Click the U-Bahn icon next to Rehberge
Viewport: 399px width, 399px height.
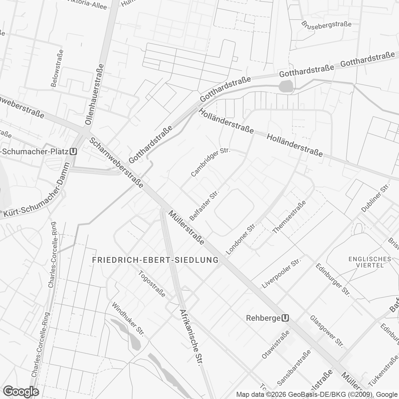[x=285, y=318]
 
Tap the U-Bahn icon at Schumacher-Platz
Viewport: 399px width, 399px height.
[x=74, y=151]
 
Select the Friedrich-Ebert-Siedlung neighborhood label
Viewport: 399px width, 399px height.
[x=156, y=260]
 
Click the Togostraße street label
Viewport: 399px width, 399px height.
[x=152, y=284]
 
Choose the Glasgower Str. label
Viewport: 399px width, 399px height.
[x=326, y=332]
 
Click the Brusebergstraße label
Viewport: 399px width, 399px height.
[x=327, y=24]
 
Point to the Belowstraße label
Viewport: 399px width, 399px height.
[x=57, y=68]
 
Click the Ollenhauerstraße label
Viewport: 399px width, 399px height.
[x=94, y=94]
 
